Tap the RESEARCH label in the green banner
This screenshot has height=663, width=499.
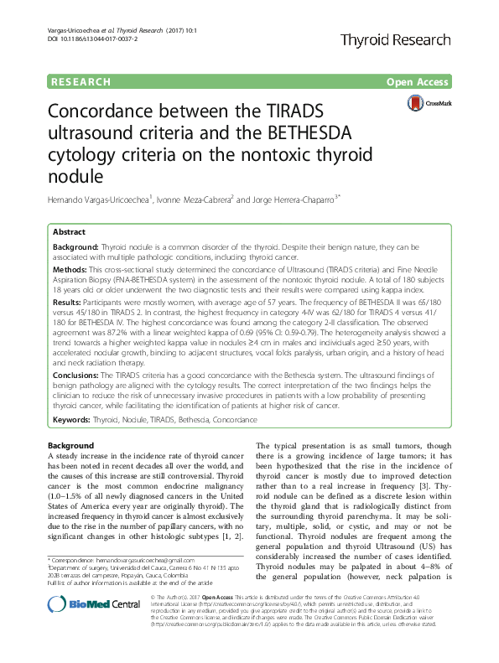click(80, 82)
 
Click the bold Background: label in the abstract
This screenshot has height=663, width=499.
click(75, 247)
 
